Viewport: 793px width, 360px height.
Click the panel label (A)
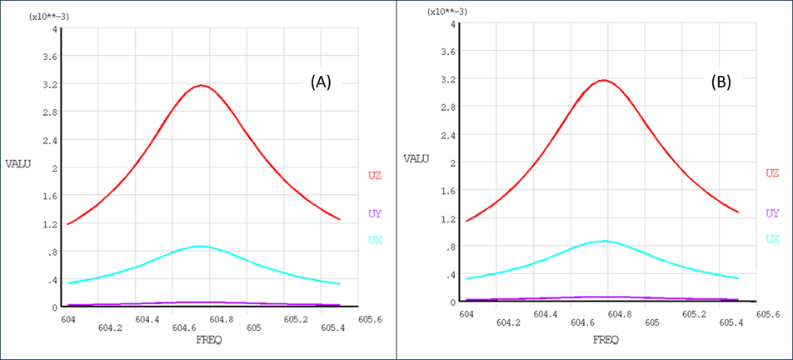click(321, 82)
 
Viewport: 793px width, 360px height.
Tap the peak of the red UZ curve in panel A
click(200, 85)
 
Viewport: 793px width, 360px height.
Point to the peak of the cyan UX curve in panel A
click(200, 246)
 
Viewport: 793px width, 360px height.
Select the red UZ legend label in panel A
click(375, 175)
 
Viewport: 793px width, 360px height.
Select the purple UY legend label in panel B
click(772, 213)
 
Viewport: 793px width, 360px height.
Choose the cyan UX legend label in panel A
click(375, 240)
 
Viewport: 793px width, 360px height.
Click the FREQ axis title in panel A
click(208, 340)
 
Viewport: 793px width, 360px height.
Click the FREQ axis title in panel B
click(606, 339)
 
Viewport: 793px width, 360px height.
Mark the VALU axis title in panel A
click(17, 164)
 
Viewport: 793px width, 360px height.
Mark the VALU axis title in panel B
click(416, 157)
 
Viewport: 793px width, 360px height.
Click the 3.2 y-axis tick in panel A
click(49, 84)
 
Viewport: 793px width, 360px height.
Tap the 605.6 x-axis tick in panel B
click(767, 314)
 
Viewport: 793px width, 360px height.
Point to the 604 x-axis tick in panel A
click(68, 319)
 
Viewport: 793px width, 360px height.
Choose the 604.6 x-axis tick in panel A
click(184, 328)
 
